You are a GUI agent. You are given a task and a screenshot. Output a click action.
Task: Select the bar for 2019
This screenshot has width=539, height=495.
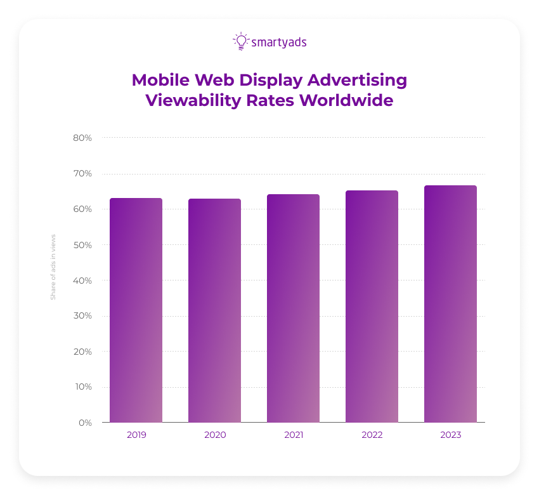coord(136,310)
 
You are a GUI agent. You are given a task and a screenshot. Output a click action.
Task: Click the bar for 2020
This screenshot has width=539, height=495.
coord(214,310)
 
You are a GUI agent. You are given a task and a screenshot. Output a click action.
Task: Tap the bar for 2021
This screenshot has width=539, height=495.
coord(293,308)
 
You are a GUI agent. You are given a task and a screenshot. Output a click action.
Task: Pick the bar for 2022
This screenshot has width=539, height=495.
coord(372,307)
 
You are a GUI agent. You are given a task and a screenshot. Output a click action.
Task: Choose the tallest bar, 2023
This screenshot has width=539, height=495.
coord(450,304)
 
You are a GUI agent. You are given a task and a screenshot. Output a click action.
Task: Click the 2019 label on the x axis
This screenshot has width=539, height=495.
coord(136,435)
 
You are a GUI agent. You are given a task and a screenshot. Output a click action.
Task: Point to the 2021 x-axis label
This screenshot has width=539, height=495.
coord(293,435)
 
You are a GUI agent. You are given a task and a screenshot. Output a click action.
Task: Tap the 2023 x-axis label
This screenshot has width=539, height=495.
coord(450,435)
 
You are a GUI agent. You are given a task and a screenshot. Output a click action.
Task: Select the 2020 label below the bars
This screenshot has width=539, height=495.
coord(214,435)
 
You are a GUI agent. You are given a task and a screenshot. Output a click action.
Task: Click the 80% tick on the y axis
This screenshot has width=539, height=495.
coord(82,138)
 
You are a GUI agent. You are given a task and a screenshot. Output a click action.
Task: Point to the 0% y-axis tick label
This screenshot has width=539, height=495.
coord(85,423)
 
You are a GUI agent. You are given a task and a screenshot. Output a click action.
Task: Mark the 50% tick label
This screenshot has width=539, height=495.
coord(82,245)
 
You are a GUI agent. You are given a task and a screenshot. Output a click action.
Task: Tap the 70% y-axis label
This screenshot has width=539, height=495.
coord(82,173)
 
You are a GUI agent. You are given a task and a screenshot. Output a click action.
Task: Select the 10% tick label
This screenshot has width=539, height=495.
coord(83,387)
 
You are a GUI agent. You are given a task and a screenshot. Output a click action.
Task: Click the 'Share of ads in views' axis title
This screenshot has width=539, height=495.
coord(53,267)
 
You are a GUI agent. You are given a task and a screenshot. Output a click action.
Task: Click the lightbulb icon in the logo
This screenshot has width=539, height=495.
coord(240,41)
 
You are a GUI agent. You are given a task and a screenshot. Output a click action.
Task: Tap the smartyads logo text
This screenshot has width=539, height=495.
coord(279,43)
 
